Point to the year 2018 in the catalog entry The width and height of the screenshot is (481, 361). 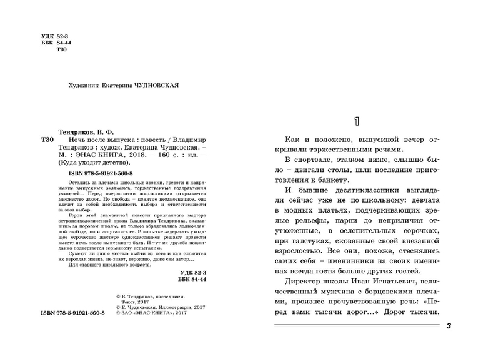click(140, 155)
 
